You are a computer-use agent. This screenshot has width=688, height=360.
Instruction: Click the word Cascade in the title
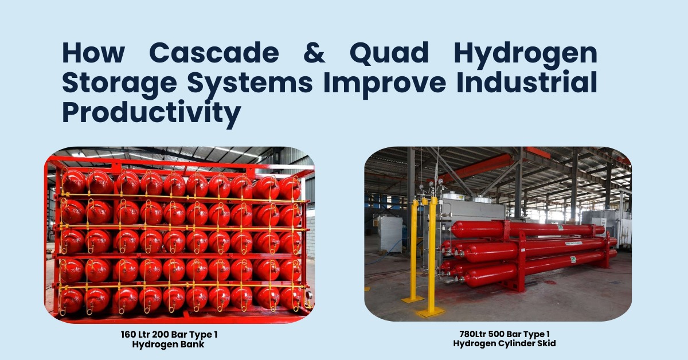[x=214, y=53]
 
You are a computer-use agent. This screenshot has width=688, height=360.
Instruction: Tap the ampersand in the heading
[x=314, y=53]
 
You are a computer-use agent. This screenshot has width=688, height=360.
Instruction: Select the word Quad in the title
[x=389, y=53]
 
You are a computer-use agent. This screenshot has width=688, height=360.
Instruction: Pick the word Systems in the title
[x=250, y=83]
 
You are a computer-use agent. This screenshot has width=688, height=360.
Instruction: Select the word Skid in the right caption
[x=546, y=343]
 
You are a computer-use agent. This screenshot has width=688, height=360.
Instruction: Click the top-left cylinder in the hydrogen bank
[x=74, y=182]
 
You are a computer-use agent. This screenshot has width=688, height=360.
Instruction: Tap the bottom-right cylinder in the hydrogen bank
[x=290, y=298]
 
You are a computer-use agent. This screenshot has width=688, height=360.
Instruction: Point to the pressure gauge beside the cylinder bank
[x=309, y=295]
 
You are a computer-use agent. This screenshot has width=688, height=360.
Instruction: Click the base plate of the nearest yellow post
[x=431, y=312]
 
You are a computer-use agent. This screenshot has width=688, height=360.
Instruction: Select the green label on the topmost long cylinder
[x=561, y=228]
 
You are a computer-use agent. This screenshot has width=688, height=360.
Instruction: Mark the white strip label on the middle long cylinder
[x=573, y=243]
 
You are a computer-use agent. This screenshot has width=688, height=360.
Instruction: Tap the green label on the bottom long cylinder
[x=573, y=259]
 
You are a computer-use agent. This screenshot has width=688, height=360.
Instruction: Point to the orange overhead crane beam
[x=479, y=167]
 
